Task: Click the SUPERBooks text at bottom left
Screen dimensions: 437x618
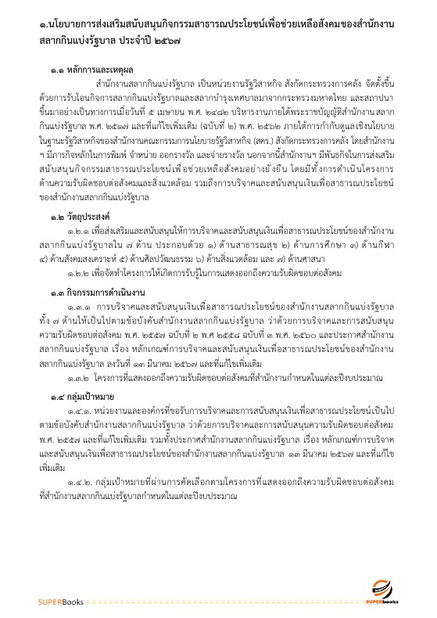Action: point(63,601)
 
